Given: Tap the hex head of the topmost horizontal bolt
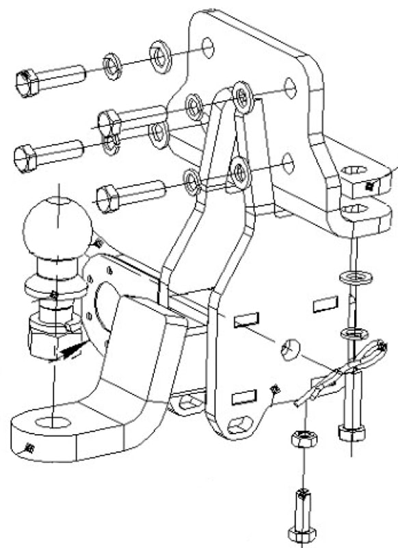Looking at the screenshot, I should [27, 82].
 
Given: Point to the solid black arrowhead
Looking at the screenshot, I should [70, 351].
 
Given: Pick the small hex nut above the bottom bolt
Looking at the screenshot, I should [302, 439].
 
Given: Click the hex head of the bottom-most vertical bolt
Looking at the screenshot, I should [302, 534].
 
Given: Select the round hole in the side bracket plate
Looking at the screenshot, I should [290, 349].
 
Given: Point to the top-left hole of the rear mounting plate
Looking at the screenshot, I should [209, 47].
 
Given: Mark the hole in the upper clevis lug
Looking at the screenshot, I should [354, 171].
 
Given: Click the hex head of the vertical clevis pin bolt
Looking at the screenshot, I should [351, 432].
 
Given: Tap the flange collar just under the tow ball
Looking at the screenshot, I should [51, 284].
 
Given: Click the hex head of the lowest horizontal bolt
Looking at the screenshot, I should [108, 199].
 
